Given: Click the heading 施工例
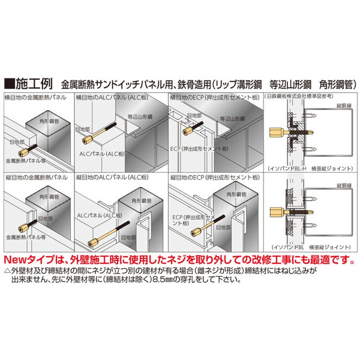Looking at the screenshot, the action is pos(34,84).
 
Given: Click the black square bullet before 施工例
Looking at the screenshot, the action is pos(9,84).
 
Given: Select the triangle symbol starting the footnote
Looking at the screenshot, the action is pos(8,271).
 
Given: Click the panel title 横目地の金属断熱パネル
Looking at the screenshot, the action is pos(36,97).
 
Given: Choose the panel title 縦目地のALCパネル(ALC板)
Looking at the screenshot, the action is pos(112,177).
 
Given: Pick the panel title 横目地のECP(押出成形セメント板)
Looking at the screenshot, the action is pos(215,97).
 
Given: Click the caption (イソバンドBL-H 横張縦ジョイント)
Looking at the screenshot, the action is pos(310,168).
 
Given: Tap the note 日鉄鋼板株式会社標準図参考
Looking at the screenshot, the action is pos(299,96).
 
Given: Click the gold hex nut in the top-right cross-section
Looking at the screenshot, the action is pos(277,132).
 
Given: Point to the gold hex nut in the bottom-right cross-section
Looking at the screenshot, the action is pos(277,211).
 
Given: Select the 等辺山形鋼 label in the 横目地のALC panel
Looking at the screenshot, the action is pos(140,117).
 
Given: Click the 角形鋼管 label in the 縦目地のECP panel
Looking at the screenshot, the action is pos(237,194).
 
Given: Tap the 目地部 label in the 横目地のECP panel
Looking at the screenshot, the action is pos(194,116).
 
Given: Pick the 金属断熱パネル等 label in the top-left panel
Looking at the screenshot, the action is pos(26,161).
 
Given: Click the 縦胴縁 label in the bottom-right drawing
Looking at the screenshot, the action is pos(344,185).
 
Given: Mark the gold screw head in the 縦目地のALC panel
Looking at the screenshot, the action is pos(93,243).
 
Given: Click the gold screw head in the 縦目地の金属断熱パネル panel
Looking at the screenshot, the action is pos(24,229).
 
